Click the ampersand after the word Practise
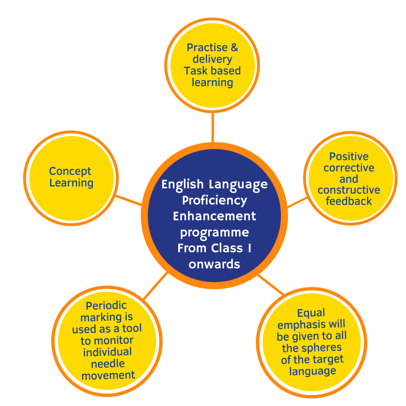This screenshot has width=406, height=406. [234, 48]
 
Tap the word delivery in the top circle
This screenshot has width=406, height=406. [212, 59]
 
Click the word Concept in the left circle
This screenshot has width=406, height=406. [70, 171]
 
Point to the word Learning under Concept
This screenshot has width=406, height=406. [71, 183]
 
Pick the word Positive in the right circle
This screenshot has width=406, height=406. [349, 156]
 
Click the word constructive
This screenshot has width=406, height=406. [349, 190]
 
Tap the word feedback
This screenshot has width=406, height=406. [349, 201]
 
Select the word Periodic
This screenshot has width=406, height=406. [106, 305]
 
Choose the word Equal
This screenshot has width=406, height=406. [311, 313]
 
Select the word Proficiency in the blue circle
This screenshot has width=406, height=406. [214, 200]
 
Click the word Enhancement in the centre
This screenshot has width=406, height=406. [214, 217]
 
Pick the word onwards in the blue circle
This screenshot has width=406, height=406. [214, 264]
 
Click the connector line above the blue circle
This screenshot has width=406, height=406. [213, 127]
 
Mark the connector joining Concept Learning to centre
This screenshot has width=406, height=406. [129, 200]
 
